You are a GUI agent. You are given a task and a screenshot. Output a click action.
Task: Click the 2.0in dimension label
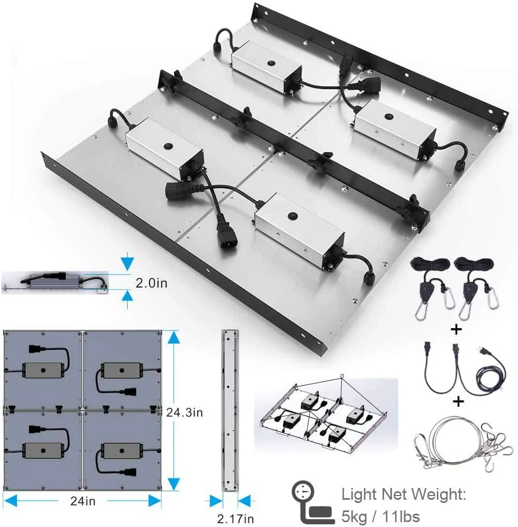151,283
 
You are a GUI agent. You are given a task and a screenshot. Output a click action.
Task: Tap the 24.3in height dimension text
184,412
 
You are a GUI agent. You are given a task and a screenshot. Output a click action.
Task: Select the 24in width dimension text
83,501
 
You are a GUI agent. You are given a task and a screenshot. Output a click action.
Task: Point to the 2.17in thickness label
235,518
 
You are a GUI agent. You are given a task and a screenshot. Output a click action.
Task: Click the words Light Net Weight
404,494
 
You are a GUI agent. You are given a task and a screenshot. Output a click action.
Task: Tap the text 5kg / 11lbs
380,516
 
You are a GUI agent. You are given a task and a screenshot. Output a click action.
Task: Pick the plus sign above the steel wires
458,401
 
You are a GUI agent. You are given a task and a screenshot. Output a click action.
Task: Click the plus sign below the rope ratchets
456,329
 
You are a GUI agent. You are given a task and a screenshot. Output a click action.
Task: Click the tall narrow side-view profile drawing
230,410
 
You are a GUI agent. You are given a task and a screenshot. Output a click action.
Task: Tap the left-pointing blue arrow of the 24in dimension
10,501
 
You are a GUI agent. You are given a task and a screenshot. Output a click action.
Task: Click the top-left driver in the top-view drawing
43,370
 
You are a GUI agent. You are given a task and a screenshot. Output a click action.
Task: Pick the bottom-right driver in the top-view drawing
122,451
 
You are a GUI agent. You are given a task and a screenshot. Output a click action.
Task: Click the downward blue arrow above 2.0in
127,263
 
